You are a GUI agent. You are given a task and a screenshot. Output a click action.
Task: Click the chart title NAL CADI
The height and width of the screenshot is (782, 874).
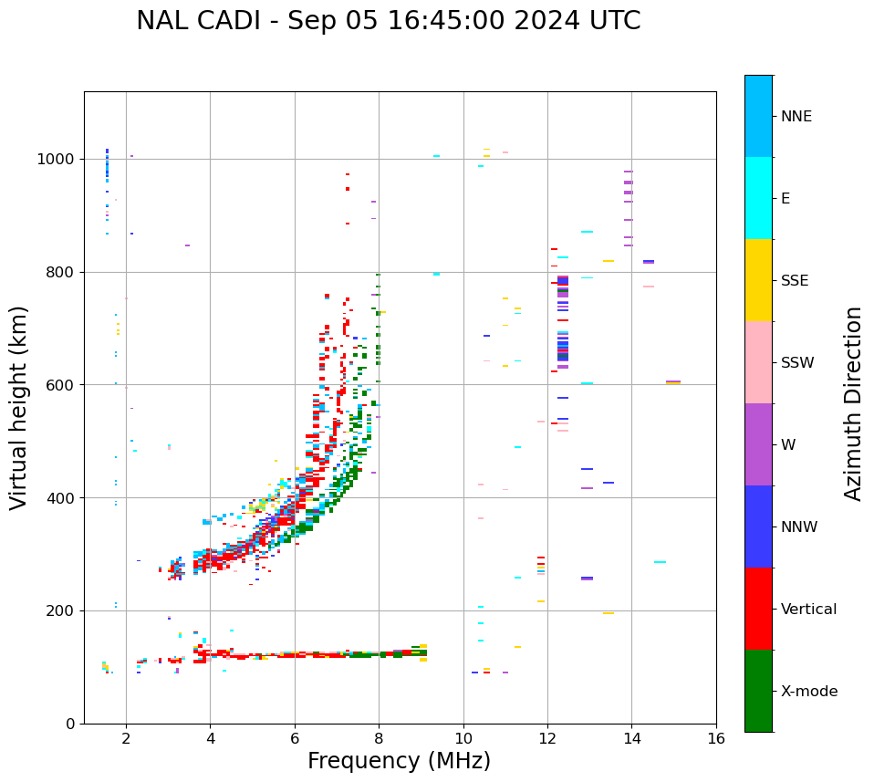388,21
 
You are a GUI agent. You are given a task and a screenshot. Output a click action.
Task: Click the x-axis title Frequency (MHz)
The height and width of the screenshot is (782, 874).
399,761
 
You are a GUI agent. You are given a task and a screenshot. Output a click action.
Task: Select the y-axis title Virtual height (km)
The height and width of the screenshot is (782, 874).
19,408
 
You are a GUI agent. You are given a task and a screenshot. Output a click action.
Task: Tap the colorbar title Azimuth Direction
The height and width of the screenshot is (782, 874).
853,403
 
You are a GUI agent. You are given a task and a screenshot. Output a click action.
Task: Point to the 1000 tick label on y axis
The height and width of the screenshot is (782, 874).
55,159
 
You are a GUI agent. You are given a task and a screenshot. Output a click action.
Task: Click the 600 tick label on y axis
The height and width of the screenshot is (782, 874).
59,385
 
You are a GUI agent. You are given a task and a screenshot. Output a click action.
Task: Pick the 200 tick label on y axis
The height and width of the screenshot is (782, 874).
59,610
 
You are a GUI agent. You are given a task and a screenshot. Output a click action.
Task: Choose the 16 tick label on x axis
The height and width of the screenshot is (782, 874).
716,738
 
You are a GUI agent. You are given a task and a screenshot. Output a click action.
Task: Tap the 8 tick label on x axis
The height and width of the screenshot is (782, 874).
379,738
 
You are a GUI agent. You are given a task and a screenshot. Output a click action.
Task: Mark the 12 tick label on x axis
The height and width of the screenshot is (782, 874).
547,738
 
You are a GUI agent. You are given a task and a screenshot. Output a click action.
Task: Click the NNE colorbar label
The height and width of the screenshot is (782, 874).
796,117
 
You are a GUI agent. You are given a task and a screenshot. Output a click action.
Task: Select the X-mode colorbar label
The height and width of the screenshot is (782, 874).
809,692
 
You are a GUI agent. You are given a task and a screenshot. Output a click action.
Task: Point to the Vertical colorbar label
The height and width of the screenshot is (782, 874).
809,610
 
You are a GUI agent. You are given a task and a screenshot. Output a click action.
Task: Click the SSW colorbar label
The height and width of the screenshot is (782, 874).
797,363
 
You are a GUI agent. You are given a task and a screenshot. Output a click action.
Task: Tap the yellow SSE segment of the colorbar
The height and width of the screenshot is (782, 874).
758,280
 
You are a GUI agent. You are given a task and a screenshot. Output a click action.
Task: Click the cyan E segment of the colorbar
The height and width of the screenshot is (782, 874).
758,198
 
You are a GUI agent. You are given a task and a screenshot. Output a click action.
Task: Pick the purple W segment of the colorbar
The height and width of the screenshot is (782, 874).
758,444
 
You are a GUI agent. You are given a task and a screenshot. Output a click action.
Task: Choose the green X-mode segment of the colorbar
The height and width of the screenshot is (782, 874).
758,691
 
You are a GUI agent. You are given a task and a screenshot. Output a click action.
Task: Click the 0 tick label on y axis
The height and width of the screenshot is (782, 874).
70,724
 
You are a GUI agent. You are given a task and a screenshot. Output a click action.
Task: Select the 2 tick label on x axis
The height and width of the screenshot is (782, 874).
126,738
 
